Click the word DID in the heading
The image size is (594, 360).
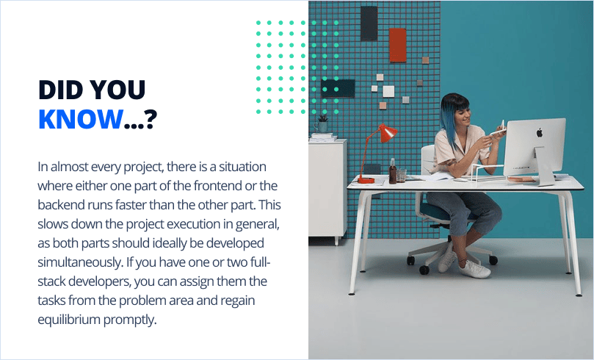(60, 89)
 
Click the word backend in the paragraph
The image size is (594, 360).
(62, 205)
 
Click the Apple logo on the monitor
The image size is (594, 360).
(539, 133)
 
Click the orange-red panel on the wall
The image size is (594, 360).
(397, 44)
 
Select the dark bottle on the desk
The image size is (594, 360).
(392, 173)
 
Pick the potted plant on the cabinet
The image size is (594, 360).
(322, 123)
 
